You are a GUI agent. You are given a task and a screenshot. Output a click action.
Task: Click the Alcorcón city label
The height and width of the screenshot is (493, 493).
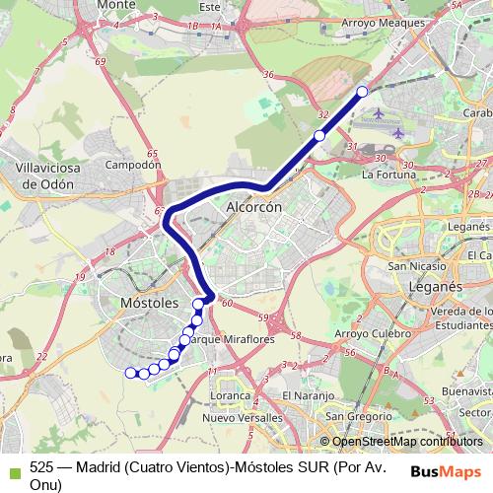[x=254, y=208]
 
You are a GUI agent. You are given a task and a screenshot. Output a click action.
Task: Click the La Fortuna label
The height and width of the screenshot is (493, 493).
[x=389, y=176]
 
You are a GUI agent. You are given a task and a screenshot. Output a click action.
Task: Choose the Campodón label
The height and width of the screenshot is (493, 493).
[x=132, y=165]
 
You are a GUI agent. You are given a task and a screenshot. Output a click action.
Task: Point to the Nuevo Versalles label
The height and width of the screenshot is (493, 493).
[x=242, y=418]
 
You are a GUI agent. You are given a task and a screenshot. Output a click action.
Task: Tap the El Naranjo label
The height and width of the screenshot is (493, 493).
[x=302, y=395]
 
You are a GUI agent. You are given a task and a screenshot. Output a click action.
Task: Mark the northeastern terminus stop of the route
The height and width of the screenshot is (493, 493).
[x=362, y=92]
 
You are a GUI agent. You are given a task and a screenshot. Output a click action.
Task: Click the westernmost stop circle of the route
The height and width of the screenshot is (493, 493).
[x=129, y=372]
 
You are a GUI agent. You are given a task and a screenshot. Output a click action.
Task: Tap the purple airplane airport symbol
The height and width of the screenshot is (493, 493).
[x=397, y=133]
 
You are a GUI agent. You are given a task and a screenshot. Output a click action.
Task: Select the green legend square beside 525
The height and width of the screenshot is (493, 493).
[x=12, y=471]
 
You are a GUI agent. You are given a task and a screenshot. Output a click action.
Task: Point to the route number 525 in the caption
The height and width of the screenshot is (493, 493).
[x=41, y=470]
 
